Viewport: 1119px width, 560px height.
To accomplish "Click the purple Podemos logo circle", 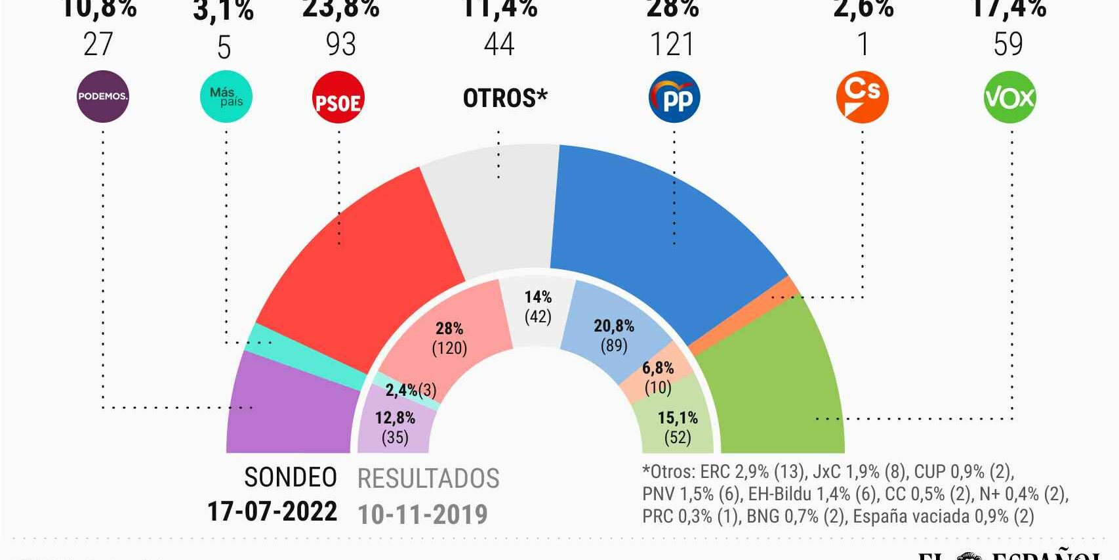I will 102,97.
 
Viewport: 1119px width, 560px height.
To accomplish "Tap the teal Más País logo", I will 226,97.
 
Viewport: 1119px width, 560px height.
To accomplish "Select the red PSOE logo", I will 338,98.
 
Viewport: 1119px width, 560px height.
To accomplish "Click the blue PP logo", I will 674,98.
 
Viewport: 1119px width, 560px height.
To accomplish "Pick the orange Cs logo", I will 862,97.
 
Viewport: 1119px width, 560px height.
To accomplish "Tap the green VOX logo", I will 1009,98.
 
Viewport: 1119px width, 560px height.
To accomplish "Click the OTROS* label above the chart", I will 504,98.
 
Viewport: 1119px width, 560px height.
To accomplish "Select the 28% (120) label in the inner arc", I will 449,338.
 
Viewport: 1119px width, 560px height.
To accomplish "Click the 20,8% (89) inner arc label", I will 614,335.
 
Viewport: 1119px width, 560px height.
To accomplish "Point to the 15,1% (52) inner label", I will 678,427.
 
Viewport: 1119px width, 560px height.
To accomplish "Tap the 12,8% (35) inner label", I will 395,427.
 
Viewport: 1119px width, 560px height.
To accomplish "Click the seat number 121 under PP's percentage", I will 672,45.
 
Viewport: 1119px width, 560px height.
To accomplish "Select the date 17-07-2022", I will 272,511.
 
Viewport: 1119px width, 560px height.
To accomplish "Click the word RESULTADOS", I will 428,479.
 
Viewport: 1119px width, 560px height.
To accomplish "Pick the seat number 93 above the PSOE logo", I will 341,45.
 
